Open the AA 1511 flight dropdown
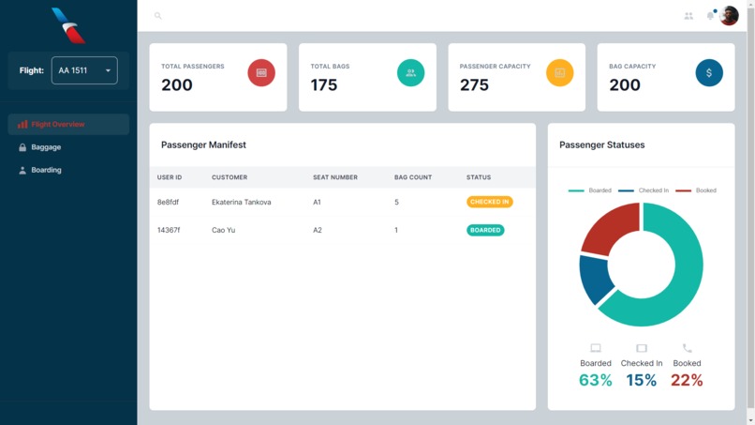click(84, 70)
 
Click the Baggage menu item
click(46, 147)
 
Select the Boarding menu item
click(46, 170)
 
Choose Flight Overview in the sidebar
click(58, 124)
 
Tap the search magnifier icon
click(157, 16)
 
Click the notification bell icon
click(710, 16)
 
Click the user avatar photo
click(729, 16)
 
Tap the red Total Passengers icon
click(261, 72)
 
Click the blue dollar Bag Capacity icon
click(709, 72)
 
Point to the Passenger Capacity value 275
click(474, 84)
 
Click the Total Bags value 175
click(324, 84)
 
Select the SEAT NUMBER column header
click(335, 177)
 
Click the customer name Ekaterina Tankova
click(241, 202)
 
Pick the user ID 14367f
click(169, 230)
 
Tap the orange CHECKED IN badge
click(489, 202)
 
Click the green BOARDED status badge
click(485, 230)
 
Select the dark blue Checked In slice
click(594, 279)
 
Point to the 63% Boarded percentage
click(595, 380)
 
